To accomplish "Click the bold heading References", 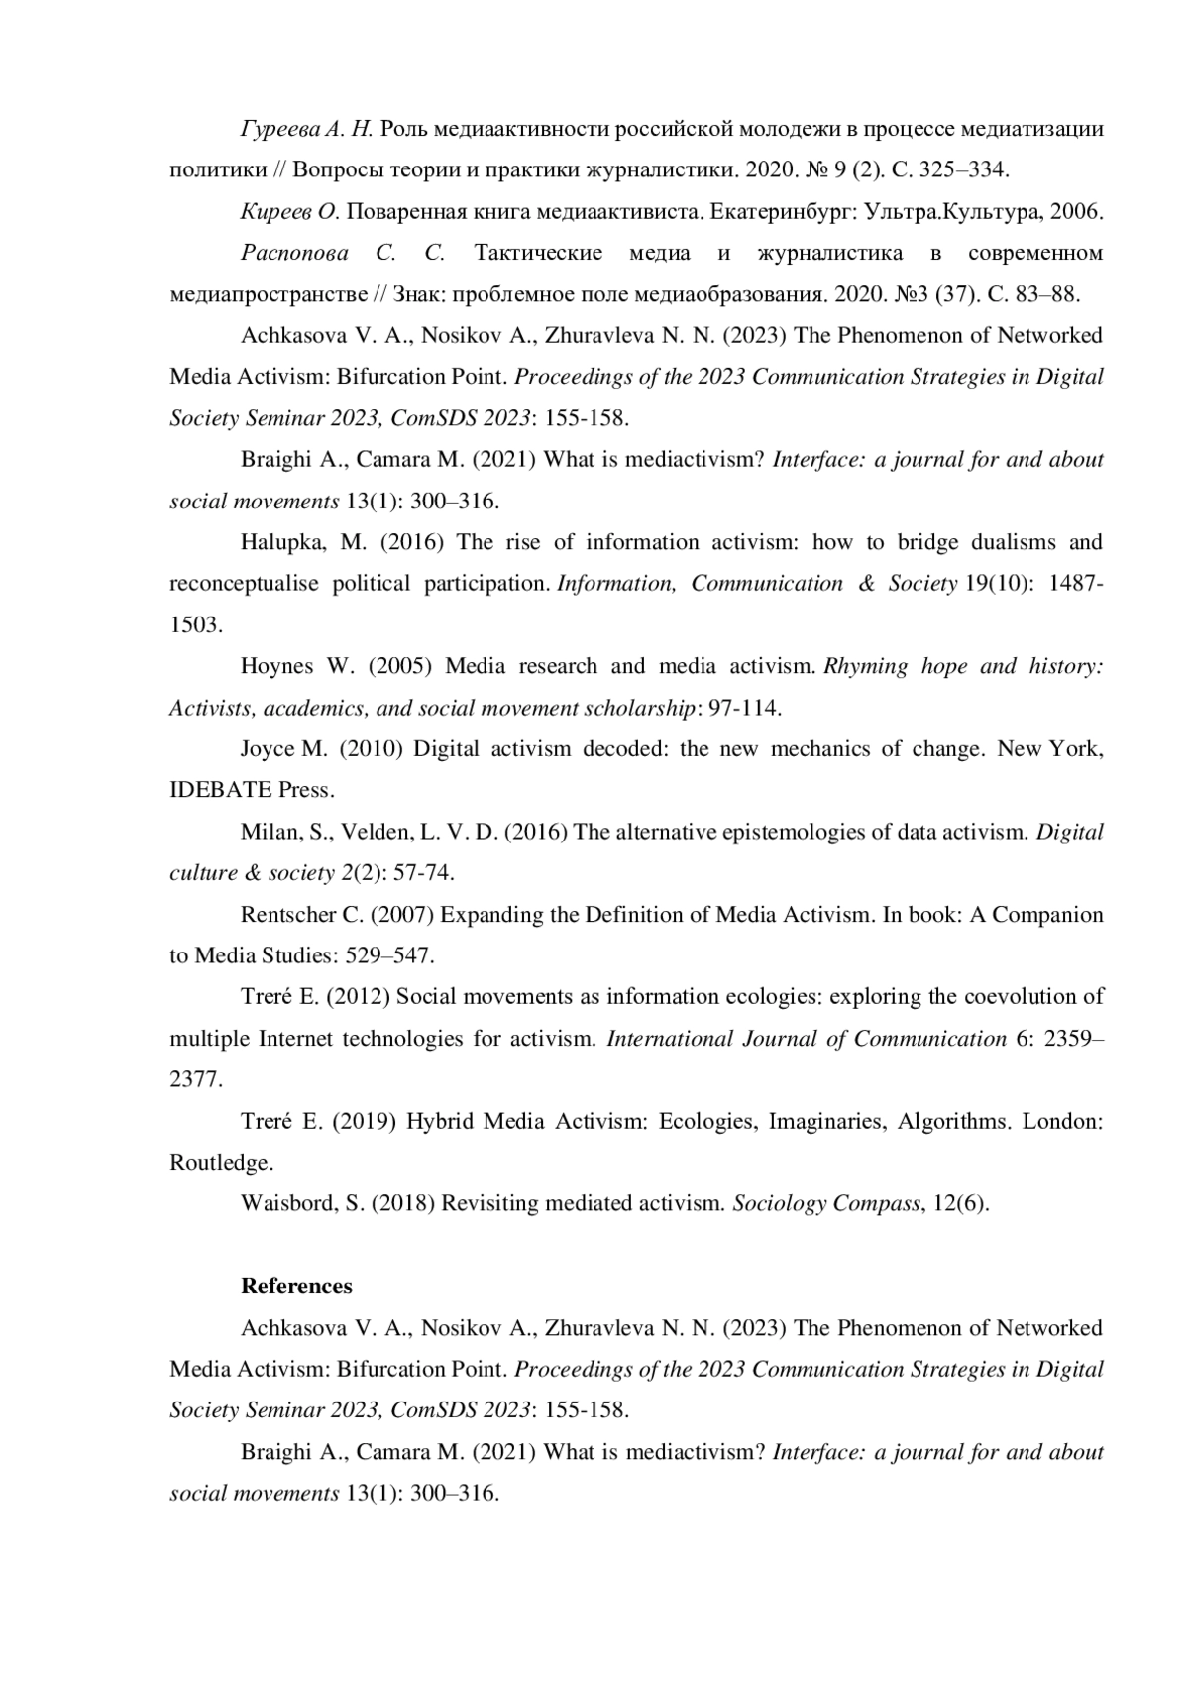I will [296, 1287].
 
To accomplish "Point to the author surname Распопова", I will [294, 253].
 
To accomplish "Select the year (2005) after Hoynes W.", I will [400, 666].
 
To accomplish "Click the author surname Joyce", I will [268, 748].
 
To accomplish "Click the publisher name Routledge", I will [219, 1163].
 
